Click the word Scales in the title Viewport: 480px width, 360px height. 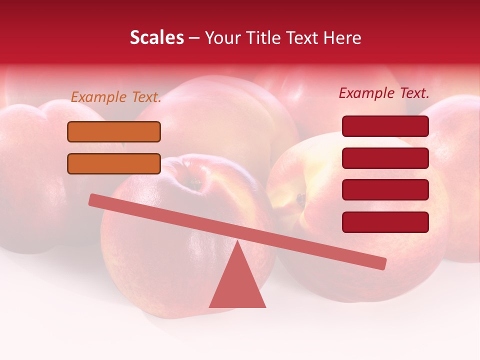tap(156, 38)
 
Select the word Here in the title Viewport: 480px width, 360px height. tap(341, 38)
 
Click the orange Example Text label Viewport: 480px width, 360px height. tap(116, 97)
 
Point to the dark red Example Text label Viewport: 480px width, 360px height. tap(384, 93)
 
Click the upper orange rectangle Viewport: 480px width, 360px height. tap(114, 132)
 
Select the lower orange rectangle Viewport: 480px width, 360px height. tap(114, 164)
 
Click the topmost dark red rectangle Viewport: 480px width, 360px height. tap(385, 126)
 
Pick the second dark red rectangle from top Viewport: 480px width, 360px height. tap(385, 158)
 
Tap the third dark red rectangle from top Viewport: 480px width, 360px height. tap(385, 190)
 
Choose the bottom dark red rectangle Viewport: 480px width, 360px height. tap(385, 222)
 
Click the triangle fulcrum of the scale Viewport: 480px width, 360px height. tap(237, 285)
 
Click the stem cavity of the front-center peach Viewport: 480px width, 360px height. tap(192, 184)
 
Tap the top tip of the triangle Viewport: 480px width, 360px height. tap(237, 242)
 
